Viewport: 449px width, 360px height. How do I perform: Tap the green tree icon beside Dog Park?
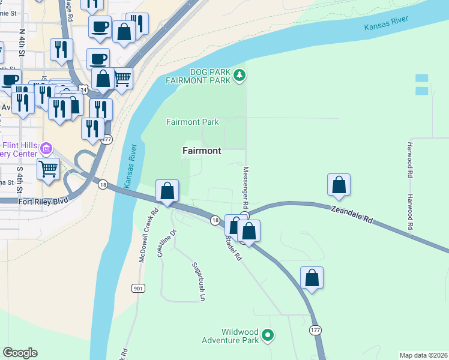(x=240, y=75)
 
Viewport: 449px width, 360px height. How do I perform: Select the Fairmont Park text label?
(x=192, y=122)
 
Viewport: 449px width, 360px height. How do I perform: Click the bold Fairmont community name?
(x=202, y=151)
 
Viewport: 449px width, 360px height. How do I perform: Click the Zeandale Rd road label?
(x=352, y=214)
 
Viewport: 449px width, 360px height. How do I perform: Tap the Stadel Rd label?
(x=233, y=247)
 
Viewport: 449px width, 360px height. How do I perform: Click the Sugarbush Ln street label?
(x=199, y=281)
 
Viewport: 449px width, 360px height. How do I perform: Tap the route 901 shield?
(x=138, y=289)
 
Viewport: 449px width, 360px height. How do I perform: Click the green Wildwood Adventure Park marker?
(x=268, y=336)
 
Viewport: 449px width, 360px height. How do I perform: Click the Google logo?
(x=20, y=352)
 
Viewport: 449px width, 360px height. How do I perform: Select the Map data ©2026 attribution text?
(x=423, y=355)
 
